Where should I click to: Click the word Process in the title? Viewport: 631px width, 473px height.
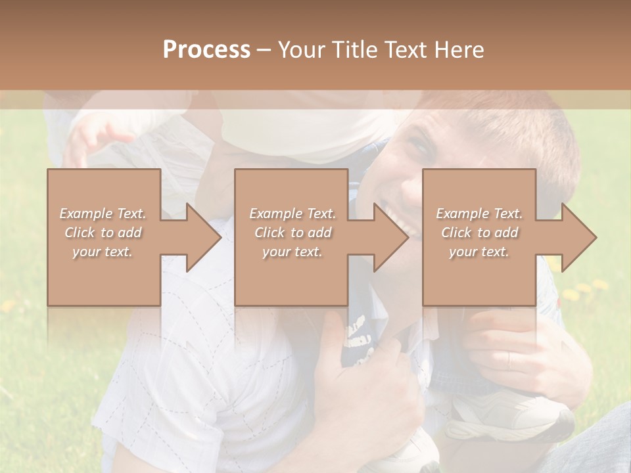pyautogui.click(x=206, y=50)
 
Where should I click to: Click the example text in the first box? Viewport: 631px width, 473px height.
pyautogui.click(x=103, y=233)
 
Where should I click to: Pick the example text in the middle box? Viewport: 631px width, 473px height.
pyautogui.click(x=292, y=233)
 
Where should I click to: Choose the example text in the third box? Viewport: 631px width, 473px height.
pyautogui.click(x=479, y=233)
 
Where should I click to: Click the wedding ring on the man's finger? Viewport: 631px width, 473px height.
pyautogui.click(x=509, y=361)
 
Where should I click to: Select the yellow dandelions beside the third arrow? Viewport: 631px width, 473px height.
pyautogui.click(x=582, y=290)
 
